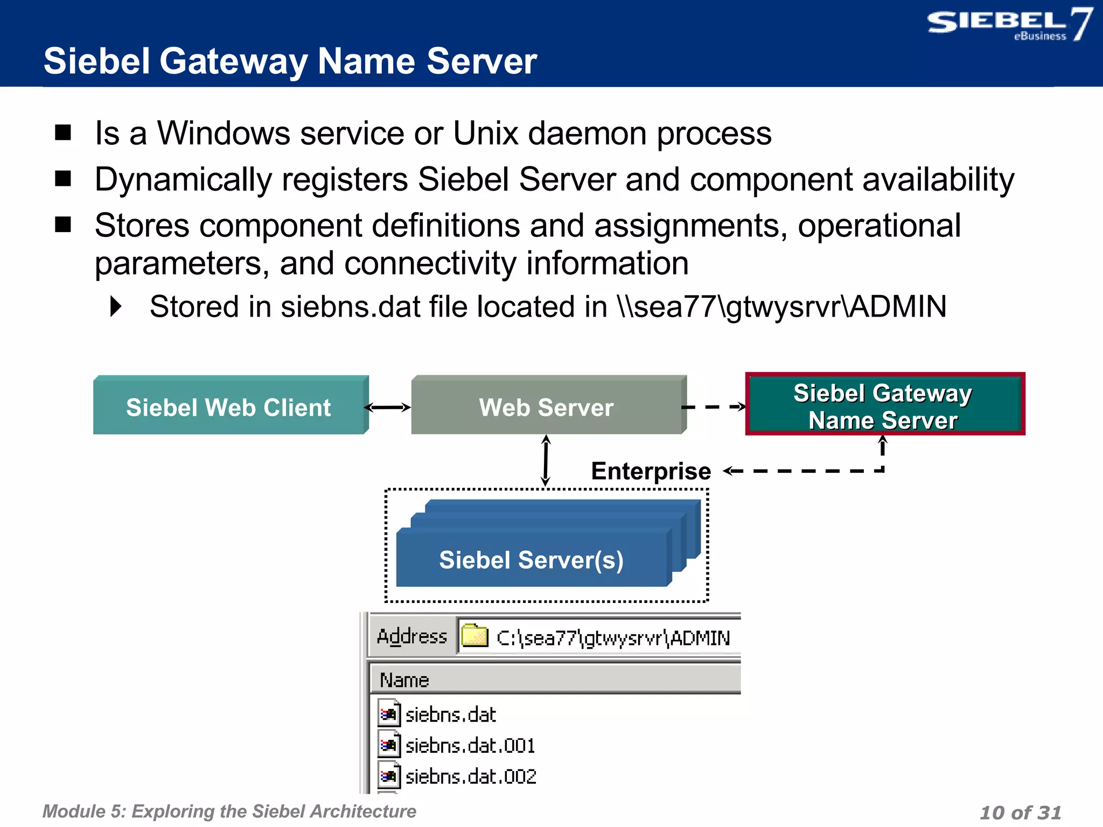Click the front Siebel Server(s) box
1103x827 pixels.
[531, 560]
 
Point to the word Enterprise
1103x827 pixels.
[651, 471]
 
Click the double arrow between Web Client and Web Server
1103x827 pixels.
[388, 408]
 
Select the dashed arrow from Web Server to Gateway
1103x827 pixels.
[714, 407]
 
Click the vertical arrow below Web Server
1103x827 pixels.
[546, 460]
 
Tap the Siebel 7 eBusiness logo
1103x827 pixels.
[1009, 25]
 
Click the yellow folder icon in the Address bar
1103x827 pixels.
[474, 636]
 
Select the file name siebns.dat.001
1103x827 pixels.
[470, 746]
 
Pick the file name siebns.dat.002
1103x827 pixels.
[471, 777]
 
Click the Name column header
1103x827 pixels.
[404, 681]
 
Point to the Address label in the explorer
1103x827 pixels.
[412, 636]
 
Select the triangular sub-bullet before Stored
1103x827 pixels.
[116, 306]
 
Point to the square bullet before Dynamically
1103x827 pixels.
[64, 178]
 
